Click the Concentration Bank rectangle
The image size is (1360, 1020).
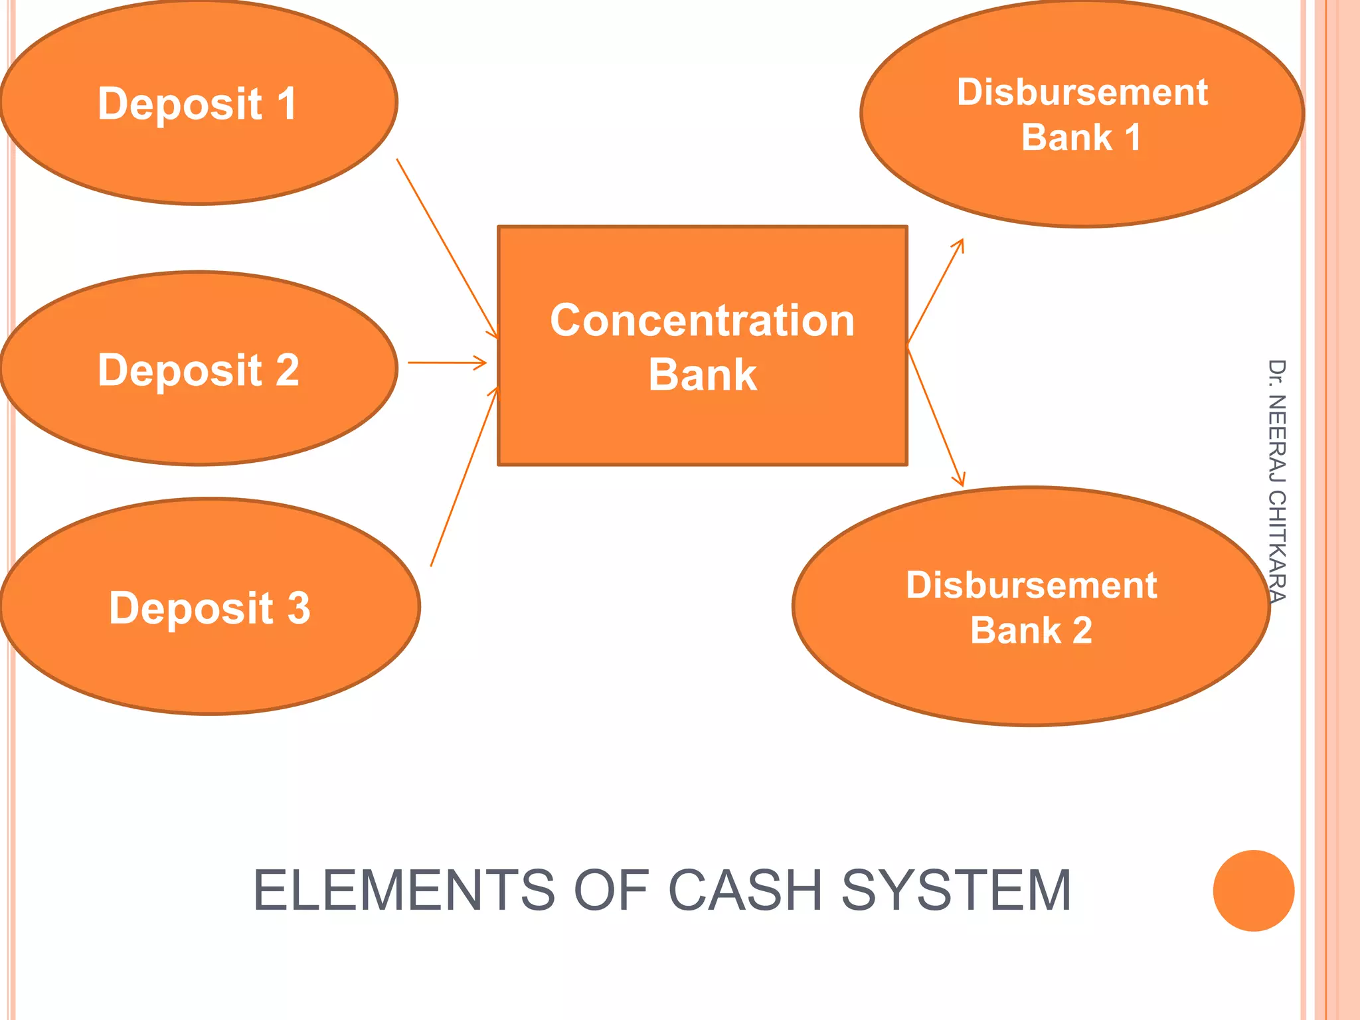[x=702, y=425]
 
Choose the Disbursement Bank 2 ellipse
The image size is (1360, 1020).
[x=1031, y=684]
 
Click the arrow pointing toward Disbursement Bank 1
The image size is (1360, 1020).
[x=935, y=292]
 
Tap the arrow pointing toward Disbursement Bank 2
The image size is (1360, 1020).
[x=935, y=415]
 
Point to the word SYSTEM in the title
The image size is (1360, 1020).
[x=956, y=891]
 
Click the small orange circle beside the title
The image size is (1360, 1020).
[x=1253, y=891]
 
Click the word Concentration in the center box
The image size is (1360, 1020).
[x=702, y=321]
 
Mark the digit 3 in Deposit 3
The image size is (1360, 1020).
[x=298, y=608]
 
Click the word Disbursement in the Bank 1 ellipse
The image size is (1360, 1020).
[x=1082, y=92]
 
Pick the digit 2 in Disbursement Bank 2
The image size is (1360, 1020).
[x=1082, y=630]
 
